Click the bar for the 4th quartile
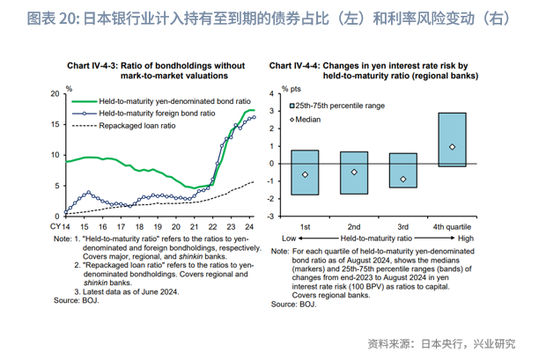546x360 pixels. tap(452, 139)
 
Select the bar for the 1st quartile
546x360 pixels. tap(305, 173)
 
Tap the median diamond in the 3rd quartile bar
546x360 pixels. tap(403, 180)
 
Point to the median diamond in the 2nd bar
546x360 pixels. tap(354, 172)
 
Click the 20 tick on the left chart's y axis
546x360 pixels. tap(55, 93)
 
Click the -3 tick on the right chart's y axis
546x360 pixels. tap(273, 216)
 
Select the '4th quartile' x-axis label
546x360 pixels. tap(451, 227)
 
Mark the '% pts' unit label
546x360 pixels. tap(291, 90)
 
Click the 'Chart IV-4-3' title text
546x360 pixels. tap(92, 65)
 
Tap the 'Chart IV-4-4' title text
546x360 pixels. tap(295, 65)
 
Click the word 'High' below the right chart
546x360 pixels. tap(466, 239)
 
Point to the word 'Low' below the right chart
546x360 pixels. tap(288, 239)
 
